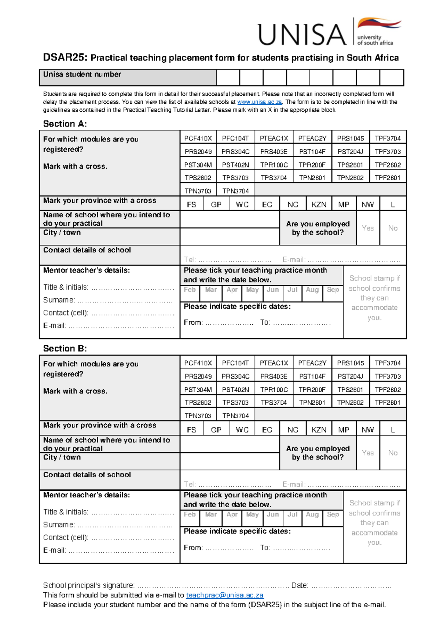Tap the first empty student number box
228,78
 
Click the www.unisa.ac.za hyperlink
260,102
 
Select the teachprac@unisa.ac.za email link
225,595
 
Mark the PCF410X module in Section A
198,138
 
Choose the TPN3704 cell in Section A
235,191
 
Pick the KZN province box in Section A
319,205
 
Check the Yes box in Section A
368,228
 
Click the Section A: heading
65,124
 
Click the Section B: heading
65,349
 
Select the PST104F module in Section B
312,376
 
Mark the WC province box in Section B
242,430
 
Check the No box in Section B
393,453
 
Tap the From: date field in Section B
229,548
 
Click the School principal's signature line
213,586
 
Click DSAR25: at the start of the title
65,58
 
